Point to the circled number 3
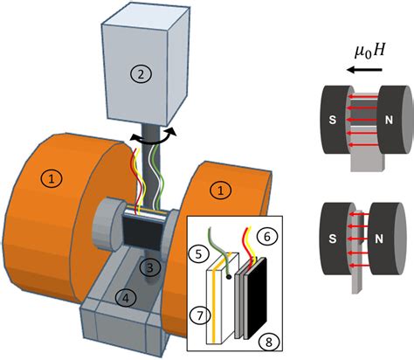tap(150, 266)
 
